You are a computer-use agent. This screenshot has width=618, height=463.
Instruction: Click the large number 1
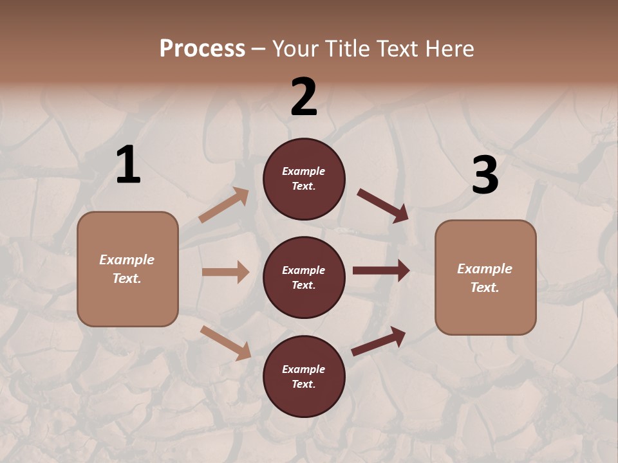point(128,165)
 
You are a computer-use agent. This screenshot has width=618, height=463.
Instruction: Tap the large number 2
point(304,97)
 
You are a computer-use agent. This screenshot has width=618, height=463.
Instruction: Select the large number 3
point(485,175)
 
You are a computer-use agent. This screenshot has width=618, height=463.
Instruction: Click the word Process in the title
point(202,48)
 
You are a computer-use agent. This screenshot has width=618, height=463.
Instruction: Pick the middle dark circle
point(304,277)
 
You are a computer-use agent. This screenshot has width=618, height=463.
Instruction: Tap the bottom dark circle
point(304,376)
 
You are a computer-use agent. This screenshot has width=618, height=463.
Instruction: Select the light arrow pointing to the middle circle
point(226,272)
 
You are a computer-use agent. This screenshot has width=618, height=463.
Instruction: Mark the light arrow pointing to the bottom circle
point(226,342)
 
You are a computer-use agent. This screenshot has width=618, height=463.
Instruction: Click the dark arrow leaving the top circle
point(383,206)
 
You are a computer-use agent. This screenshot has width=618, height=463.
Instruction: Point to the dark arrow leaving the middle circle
point(381,271)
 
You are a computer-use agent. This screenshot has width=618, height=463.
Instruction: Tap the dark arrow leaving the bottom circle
point(379,341)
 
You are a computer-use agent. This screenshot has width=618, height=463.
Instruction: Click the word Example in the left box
point(127,260)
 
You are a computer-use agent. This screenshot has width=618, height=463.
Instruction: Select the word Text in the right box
point(484,287)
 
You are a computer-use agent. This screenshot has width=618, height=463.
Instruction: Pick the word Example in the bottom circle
point(304,369)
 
